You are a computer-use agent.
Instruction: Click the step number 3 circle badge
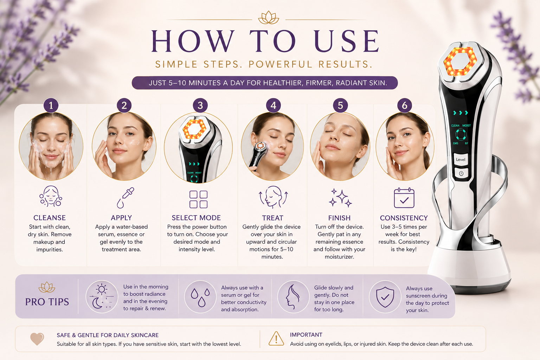pyautogui.click(x=200, y=105)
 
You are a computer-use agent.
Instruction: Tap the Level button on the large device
pyautogui.click(x=461, y=159)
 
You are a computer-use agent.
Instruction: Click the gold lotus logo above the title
pyautogui.click(x=269, y=18)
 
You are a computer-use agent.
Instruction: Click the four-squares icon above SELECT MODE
pyautogui.click(x=198, y=199)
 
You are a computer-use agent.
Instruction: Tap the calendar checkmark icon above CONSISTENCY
pyautogui.click(x=404, y=198)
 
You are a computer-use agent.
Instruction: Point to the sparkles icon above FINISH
pyautogui.click(x=340, y=198)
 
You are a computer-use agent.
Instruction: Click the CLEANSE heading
pyautogui.click(x=50, y=218)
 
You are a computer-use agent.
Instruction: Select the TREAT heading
pyautogui.click(x=273, y=218)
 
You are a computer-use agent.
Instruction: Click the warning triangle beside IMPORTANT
pyautogui.click(x=276, y=339)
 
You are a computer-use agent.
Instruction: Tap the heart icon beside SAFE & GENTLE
pyautogui.click(x=37, y=339)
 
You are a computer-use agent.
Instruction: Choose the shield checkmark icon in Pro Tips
pyautogui.click(x=385, y=297)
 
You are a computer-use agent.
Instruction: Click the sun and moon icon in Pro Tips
pyautogui.click(x=102, y=296)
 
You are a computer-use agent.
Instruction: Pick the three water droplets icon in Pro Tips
pyautogui.click(x=200, y=297)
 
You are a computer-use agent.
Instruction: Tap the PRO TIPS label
pyautogui.click(x=47, y=302)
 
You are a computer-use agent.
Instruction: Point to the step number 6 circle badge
pyautogui.click(x=405, y=105)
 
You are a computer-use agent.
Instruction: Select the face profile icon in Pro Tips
pyautogui.click(x=292, y=297)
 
